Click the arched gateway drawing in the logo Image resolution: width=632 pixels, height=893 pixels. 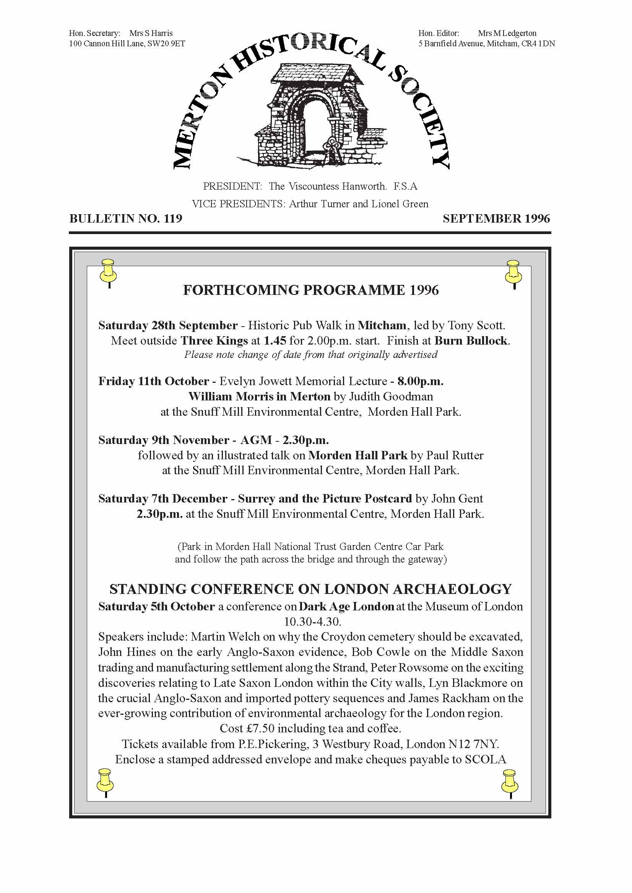315,117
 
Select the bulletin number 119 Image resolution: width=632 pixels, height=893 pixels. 173,218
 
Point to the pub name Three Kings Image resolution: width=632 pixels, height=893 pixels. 214,341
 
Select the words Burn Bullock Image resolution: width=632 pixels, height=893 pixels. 471,341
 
